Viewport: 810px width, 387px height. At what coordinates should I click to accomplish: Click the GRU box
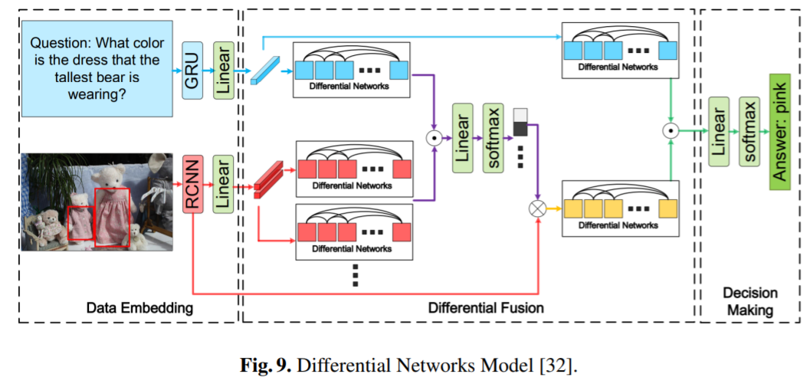pyautogui.click(x=192, y=71)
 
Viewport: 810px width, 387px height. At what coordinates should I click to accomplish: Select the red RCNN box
pyautogui.click(x=192, y=185)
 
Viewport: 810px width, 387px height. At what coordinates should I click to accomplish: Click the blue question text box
pyautogui.click(x=97, y=69)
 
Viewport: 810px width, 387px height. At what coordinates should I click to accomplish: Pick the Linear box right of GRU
pyautogui.click(x=223, y=71)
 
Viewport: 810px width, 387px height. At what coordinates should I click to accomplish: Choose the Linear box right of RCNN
pyautogui.click(x=223, y=185)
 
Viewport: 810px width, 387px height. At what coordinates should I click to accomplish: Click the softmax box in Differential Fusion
pyautogui.click(x=493, y=138)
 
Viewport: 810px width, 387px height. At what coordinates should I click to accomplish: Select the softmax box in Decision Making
pyautogui.click(x=749, y=132)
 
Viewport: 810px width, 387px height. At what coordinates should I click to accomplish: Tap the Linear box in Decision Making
pyautogui.click(x=718, y=132)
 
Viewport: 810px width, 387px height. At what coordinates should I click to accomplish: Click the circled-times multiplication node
pyautogui.click(x=538, y=208)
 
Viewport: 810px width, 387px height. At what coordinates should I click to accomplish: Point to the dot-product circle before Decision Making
pyautogui.click(x=671, y=131)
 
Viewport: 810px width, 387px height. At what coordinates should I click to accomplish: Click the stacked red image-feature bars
pyautogui.click(x=268, y=178)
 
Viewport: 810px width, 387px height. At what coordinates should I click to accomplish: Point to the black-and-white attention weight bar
pyautogui.click(x=520, y=121)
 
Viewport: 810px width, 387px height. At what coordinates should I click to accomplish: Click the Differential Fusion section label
pyautogui.click(x=486, y=307)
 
